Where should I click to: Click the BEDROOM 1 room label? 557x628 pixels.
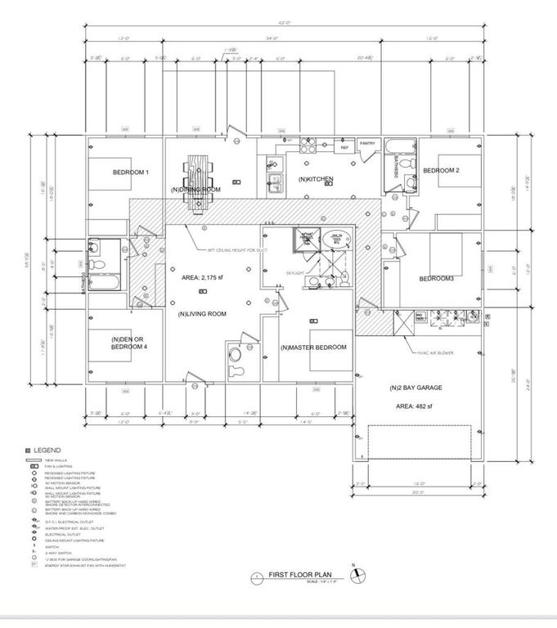(x=130, y=173)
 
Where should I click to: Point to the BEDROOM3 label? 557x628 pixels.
(x=437, y=279)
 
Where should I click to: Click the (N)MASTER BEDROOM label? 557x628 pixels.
(x=313, y=348)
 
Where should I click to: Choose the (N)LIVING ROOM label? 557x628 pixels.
(x=202, y=313)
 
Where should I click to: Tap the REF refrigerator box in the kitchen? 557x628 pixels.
(x=344, y=147)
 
